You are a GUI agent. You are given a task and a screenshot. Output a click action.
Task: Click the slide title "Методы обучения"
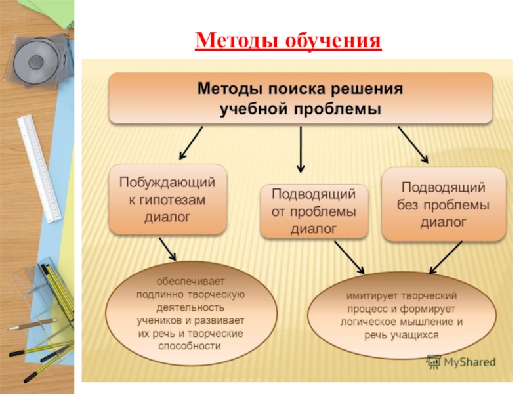288,41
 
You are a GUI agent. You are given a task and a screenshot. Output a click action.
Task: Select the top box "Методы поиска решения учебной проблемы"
301,98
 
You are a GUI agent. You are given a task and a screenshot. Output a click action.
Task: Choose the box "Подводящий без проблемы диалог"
444,204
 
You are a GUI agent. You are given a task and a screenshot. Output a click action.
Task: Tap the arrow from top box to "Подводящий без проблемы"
413,144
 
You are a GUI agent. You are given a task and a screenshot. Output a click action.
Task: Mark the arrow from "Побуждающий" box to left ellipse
168,250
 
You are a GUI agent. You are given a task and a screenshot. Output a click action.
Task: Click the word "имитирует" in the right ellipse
373,297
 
